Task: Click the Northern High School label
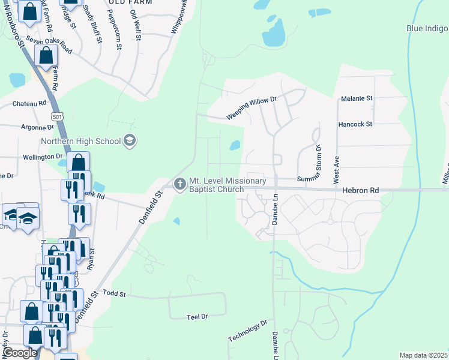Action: [80, 142]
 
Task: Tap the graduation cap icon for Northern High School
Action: [130, 142]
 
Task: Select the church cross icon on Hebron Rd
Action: [179, 185]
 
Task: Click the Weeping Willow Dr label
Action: [251, 109]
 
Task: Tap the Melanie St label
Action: [357, 98]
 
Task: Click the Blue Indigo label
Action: [427, 28]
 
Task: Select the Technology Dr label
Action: [247, 331]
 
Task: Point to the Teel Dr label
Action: [197, 316]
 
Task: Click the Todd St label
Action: [113, 293]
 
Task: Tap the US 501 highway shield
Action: [57, 115]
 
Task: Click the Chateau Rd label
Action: [29, 103]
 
